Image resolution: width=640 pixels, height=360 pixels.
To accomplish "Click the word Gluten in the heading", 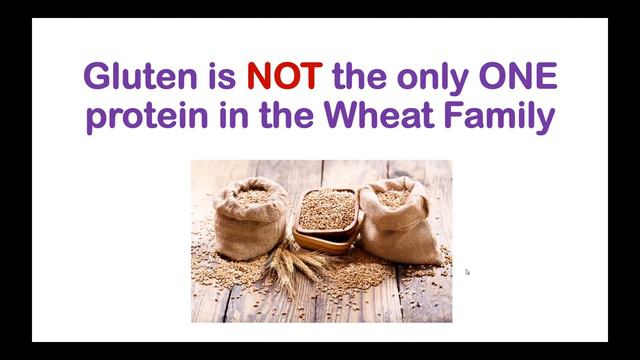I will pyautogui.click(x=130, y=78).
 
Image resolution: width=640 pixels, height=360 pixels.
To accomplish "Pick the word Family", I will pyautogui.click(x=504, y=118).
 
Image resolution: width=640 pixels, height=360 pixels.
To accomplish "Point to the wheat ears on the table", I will pyautogui.click(x=290, y=265).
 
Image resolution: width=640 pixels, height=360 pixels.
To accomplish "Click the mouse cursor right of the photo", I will pyautogui.click(x=467, y=271).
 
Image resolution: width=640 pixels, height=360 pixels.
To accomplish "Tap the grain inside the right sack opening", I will pyautogui.click(x=393, y=197).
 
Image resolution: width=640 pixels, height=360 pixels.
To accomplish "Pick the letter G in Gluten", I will pyautogui.click(x=96, y=78).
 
